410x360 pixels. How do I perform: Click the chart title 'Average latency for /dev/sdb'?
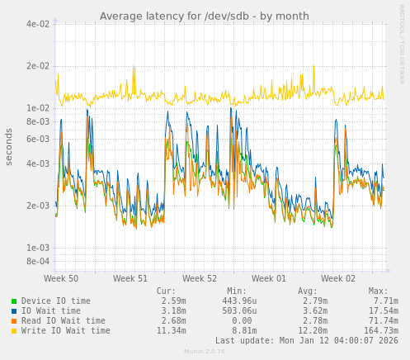[204, 17]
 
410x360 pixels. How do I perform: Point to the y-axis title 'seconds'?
[10, 146]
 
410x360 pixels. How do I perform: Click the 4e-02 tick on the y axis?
[37, 24]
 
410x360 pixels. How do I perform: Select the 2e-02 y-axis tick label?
[37, 66]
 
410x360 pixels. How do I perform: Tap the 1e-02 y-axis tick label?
[37, 108]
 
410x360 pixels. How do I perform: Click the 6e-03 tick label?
[37, 139]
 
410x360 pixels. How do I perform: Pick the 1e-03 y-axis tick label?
[37, 248]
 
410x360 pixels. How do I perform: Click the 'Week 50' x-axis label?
[61, 279]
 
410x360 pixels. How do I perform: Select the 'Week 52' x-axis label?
[200, 279]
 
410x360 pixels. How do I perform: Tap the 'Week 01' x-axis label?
[269, 279]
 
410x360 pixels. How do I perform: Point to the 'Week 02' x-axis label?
[338, 279]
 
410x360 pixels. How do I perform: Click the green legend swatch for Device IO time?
[14, 301]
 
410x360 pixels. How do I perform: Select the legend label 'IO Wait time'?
[51, 311]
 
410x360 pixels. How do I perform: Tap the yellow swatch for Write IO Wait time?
[14, 331]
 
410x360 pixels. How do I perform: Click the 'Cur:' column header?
[166, 291]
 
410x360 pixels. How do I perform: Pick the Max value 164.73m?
[380, 331]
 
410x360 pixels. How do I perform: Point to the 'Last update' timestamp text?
[306, 340]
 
